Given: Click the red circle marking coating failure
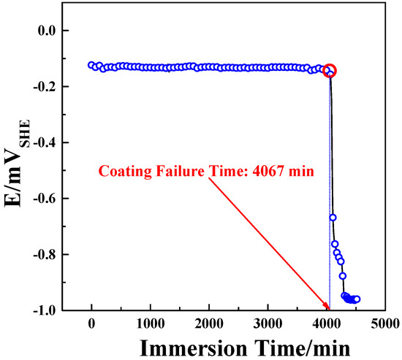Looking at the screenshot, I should tap(330, 71).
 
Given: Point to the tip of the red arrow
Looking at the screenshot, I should tap(328, 309).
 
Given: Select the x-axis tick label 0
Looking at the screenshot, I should tap(91, 323).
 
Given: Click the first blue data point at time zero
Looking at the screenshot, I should tap(91, 65).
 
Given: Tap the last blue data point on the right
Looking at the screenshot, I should tap(357, 299).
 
